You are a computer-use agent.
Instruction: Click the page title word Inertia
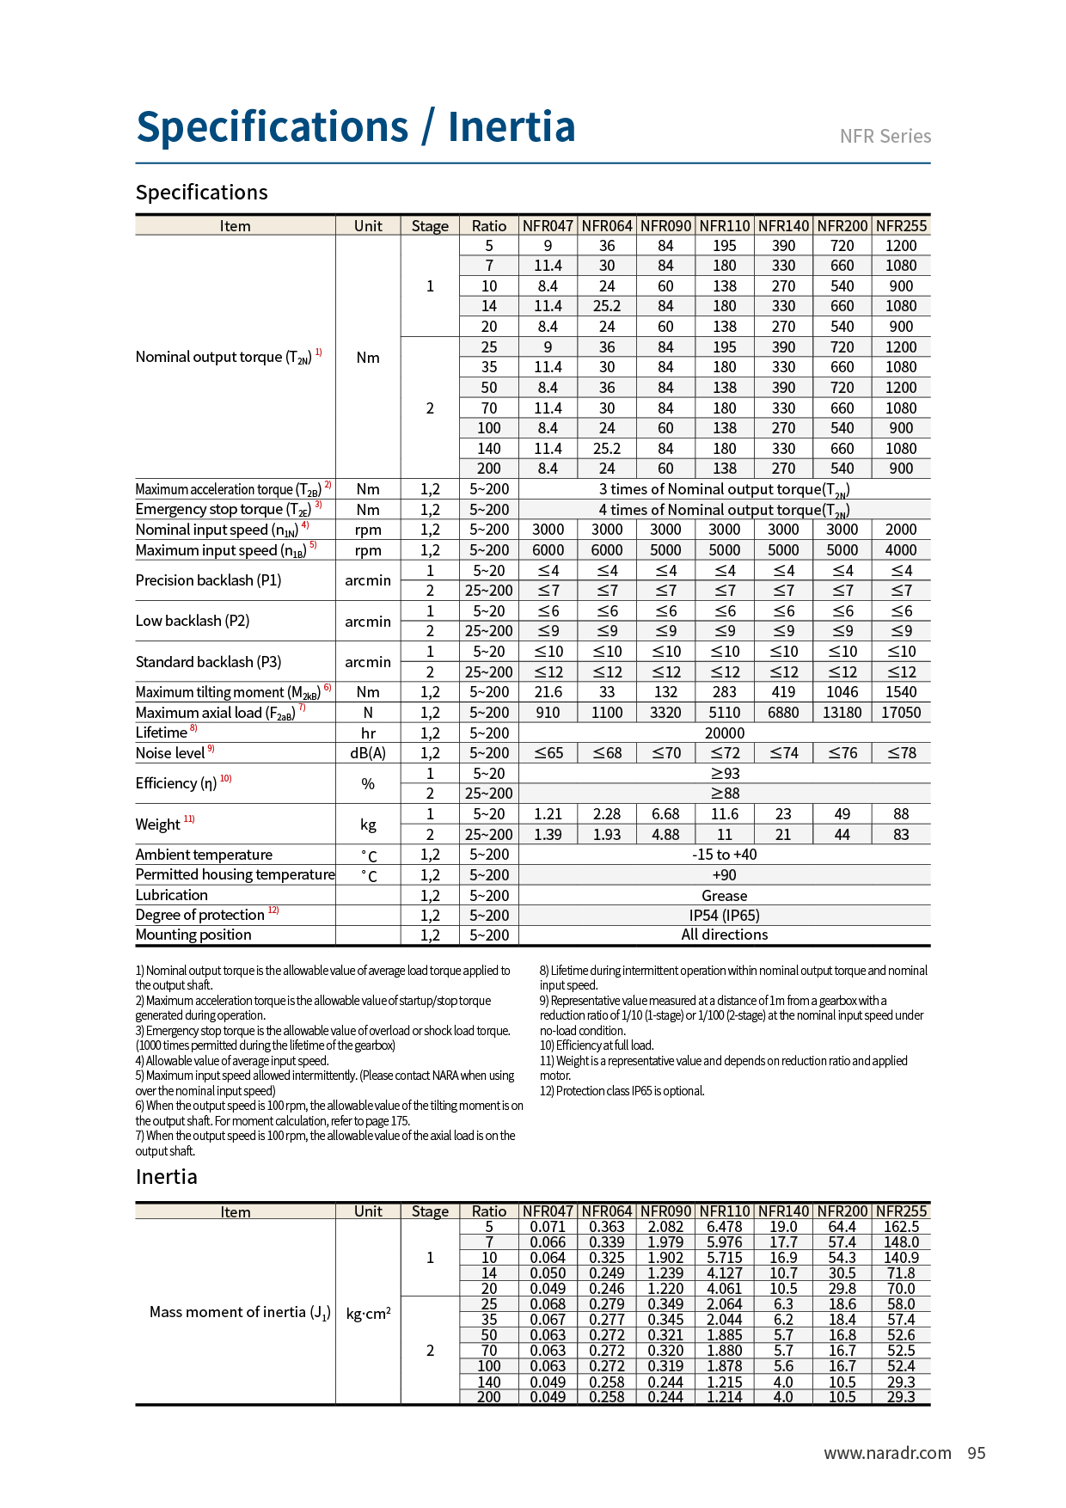(511, 127)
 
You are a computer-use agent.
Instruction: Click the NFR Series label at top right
(885, 137)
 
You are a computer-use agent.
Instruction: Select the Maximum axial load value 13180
(842, 713)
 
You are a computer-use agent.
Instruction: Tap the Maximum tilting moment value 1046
(842, 692)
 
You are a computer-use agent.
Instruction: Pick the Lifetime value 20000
(724, 733)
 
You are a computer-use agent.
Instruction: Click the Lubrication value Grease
(724, 896)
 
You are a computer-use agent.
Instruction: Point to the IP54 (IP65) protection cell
(724, 916)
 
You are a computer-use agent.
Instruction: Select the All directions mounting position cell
(724, 935)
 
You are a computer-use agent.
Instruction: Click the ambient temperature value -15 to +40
(724, 855)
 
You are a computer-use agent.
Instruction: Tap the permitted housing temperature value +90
(724, 875)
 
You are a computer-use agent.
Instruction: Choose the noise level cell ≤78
(901, 753)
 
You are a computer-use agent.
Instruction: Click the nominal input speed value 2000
(901, 530)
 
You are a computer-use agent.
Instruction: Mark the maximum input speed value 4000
(901, 550)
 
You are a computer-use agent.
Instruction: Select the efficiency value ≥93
(724, 774)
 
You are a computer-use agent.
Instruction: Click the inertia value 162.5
(901, 1227)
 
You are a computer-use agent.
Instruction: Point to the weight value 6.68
(665, 814)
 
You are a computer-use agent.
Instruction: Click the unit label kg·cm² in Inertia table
(368, 1313)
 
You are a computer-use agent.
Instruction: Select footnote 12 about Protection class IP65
(622, 1091)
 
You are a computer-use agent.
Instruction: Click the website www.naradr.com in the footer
(887, 1453)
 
